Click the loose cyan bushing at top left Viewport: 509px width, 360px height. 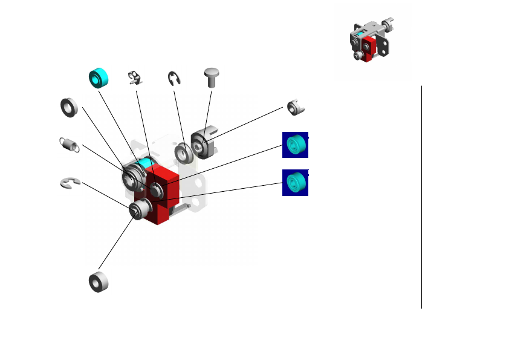coord(99,78)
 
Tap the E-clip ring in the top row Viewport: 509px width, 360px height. coord(175,79)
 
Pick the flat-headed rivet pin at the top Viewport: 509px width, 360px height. coord(212,76)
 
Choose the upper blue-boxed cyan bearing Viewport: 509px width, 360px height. coord(295,145)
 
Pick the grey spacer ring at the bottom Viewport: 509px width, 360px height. coord(99,282)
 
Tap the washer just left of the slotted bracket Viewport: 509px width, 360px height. coord(183,152)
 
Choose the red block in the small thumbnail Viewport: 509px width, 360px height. coord(369,48)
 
